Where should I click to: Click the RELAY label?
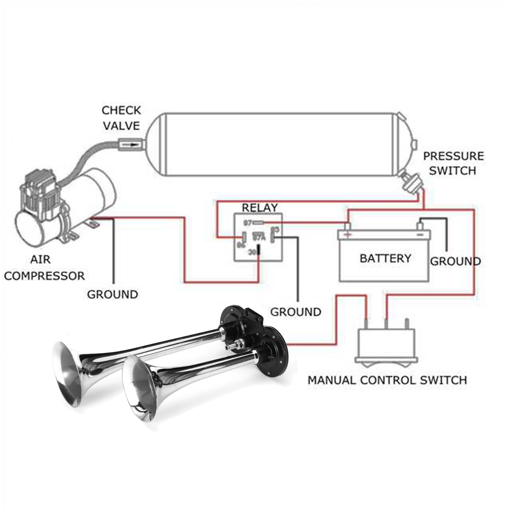tap(259, 208)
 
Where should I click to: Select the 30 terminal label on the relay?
tap(252, 252)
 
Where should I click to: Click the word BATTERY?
tap(385, 258)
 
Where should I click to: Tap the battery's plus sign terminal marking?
tap(348, 235)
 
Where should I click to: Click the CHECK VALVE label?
tap(121, 118)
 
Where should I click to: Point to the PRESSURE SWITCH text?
tap(452, 163)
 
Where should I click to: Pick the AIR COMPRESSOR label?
tap(44, 268)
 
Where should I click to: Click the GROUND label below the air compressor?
tap(113, 294)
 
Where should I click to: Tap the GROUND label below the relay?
tap(296, 312)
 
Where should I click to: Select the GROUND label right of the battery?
tap(455, 261)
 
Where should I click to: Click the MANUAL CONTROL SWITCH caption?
tap(387, 379)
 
